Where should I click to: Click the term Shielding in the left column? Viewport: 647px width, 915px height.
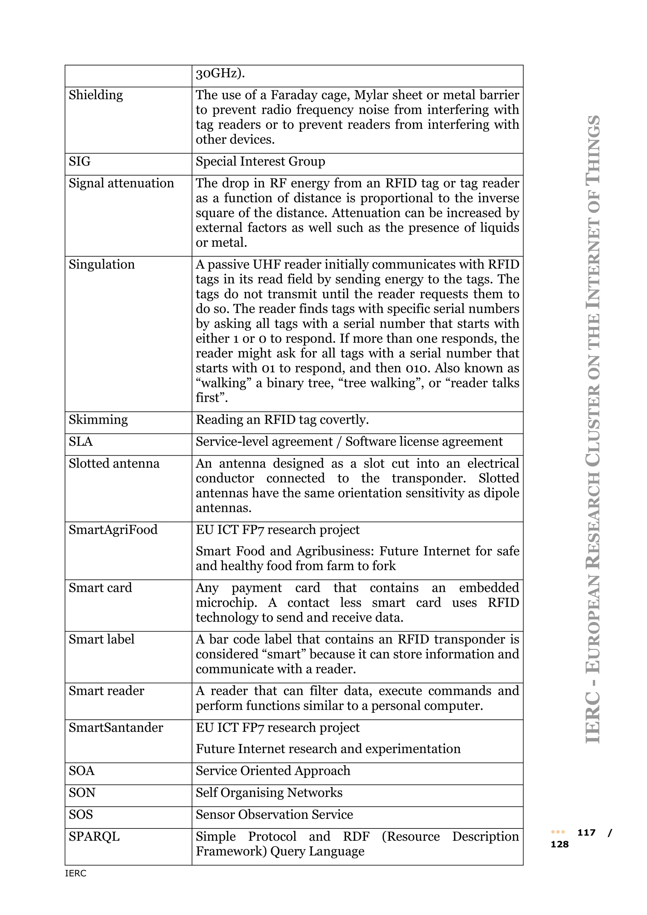coord(96,95)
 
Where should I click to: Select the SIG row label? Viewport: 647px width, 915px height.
coord(80,161)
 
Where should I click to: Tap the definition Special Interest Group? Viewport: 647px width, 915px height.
coord(260,161)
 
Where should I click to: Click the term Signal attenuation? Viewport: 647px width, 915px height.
coord(121,183)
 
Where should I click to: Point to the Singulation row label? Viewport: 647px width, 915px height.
coord(102,265)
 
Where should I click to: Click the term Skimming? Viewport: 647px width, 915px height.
coord(98,420)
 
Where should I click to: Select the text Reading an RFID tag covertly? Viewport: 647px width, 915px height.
coord(282,420)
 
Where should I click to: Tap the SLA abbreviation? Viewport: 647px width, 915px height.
coord(81,442)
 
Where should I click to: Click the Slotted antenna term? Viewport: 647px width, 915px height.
coord(114,464)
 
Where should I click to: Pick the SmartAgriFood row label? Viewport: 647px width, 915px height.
coord(113,530)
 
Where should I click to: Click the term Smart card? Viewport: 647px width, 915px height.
coord(100,588)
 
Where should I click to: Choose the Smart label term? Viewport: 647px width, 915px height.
coord(101,639)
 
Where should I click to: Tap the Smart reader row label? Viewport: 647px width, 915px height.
coord(106,691)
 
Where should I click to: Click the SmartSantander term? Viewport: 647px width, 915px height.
coord(116,728)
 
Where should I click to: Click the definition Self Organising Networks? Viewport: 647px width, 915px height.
coord(269,793)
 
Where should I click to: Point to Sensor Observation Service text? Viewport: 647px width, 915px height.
coord(274,815)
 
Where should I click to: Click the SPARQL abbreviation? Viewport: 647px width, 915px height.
coord(94,837)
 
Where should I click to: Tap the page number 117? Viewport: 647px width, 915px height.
coord(586,833)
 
